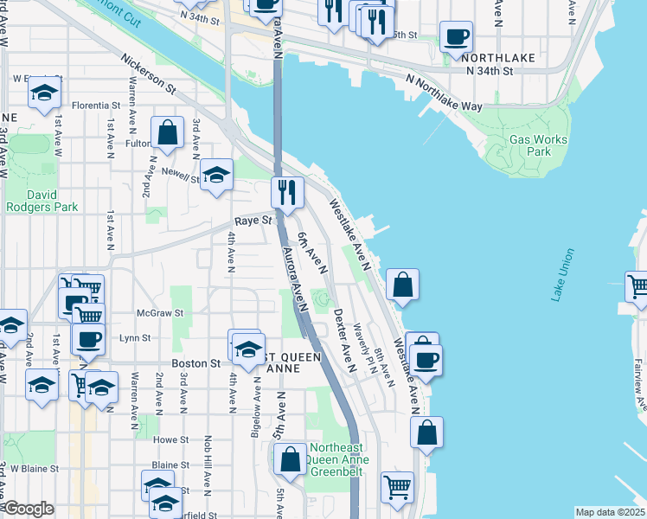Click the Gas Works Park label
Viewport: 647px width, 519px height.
tap(538, 145)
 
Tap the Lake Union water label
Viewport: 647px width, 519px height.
tap(561, 275)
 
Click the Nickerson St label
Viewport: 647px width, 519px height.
tap(149, 75)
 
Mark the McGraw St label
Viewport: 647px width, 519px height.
tap(160, 313)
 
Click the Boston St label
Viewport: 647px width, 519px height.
tap(195, 364)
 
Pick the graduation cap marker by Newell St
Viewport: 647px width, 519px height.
tap(216, 175)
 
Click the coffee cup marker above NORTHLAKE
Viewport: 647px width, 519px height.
tap(456, 36)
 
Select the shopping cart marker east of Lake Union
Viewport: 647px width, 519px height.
tap(637, 287)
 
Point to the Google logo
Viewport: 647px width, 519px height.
tap(28, 509)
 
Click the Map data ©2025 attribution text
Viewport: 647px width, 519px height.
tap(611, 512)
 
